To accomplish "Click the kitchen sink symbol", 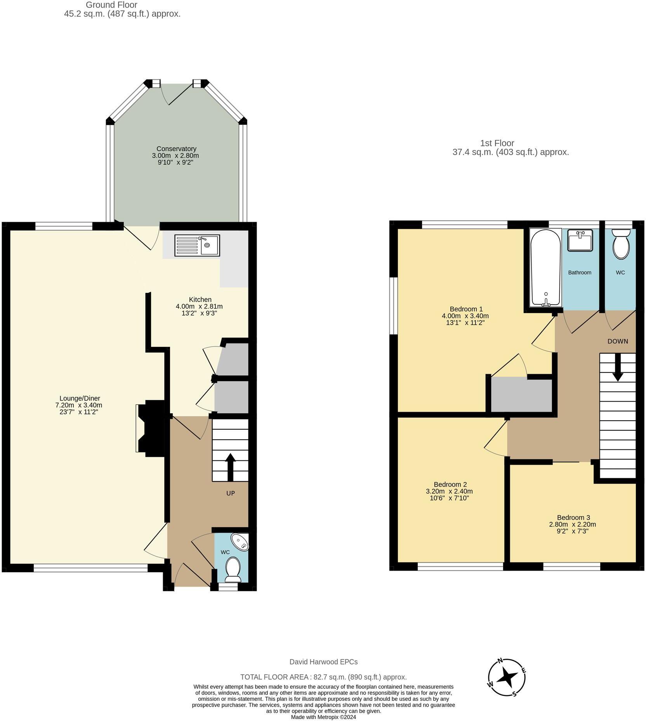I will coord(197,245).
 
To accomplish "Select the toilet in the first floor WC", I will coord(621,244).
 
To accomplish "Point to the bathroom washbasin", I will coord(580,240).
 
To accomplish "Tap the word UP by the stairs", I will coord(231,493).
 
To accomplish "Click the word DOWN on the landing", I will coord(617,341).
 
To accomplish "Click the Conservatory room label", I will coord(176,149).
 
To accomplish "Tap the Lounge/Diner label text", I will coord(80,398).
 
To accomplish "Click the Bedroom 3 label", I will coord(573,517).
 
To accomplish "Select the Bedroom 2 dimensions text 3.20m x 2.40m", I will coord(449,491).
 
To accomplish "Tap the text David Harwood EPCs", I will coord(323,662).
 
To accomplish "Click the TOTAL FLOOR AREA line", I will coord(323,677).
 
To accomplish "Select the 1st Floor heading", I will coord(497,143).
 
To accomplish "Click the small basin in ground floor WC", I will coord(240,542).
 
